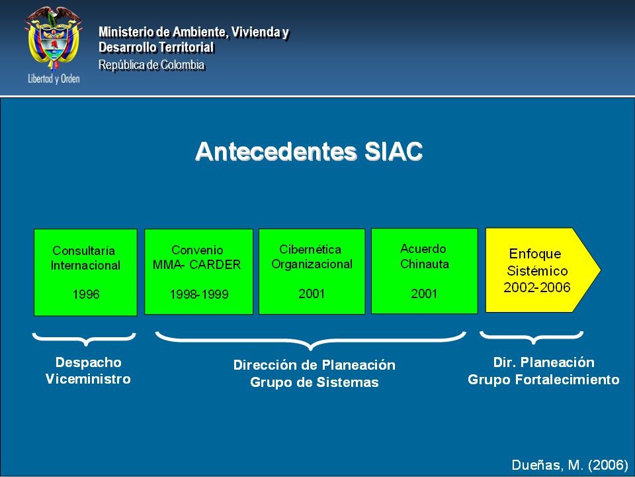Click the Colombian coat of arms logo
[x=54, y=38]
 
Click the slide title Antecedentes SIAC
[x=309, y=152]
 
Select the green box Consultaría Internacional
[x=85, y=272]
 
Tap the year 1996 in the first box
[x=86, y=294]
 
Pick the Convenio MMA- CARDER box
[x=198, y=272]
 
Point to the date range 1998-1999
[x=199, y=294]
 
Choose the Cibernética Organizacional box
[x=312, y=272]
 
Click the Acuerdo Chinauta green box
[x=425, y=271]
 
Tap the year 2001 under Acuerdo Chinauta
[x=424, y=293]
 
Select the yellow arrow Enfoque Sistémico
[x=542, y=270]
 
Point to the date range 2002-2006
[x=537, y=287]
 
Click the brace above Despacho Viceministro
[x=84, y=339]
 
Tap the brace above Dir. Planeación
[x=532, y=337]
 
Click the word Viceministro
[x=88, y=379]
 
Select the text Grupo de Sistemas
[x=314, y=382]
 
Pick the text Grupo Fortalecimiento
[x=544, y=380]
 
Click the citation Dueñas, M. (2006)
[x=570, y=465]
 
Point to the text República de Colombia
[x=151, y=65]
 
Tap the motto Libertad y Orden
[x=54, y=79]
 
